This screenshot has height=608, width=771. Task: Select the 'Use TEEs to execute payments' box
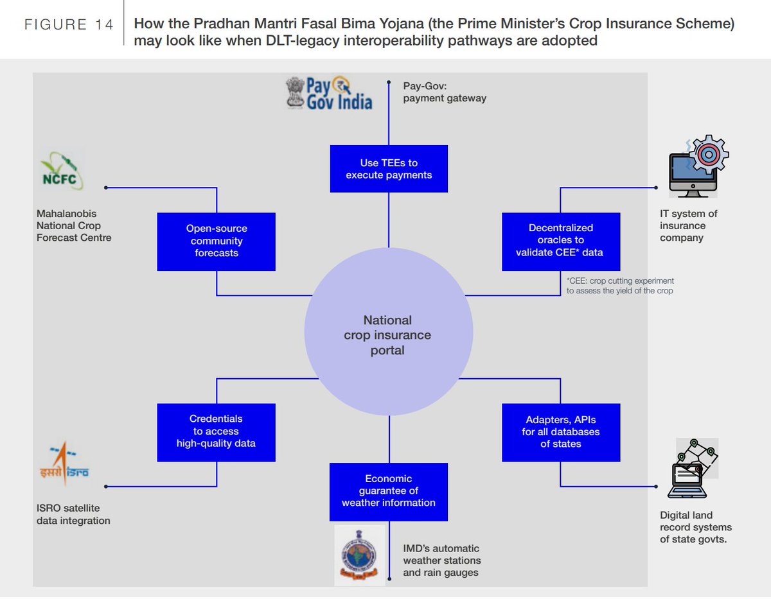[x=389, y=169]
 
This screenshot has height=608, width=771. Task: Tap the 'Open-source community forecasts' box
[x=216, y=241]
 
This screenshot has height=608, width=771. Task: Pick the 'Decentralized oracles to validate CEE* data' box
[x=560, y=241]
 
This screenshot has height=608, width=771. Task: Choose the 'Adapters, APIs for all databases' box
[x=560, y=432]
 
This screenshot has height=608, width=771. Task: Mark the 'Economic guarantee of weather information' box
[x=389, y=491]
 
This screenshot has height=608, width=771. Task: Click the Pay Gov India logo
[x=330, y=93]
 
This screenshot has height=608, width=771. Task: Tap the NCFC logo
[x=60, y=171]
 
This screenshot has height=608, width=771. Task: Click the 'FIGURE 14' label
[x=69, y=25]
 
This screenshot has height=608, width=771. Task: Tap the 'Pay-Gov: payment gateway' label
[x=444, y=92]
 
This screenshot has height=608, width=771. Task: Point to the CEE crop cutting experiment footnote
[x=619, y=286]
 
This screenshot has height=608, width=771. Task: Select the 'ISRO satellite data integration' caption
[x=73, y=514]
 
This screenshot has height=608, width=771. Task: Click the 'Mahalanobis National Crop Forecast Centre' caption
[x=74, y=225]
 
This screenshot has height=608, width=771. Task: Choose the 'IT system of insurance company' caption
[x=688, y=225]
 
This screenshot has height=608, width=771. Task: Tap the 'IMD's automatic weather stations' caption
[x=441, y=560]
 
